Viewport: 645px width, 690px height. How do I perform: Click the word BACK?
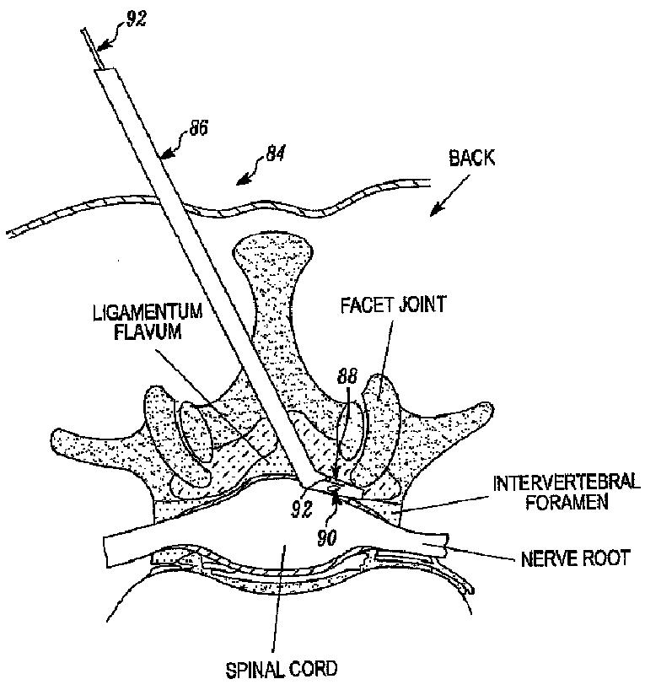tap(472, 158)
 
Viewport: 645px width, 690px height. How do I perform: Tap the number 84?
tap(274, 154)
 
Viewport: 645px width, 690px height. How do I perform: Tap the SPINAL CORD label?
tap(282, 671)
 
